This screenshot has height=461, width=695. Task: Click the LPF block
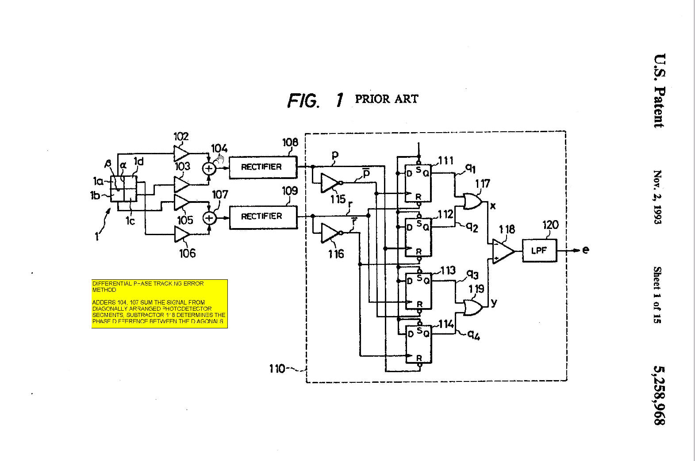(539, 251)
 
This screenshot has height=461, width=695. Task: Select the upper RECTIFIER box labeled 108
(263, 167)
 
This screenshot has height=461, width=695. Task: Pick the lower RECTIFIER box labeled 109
(263, 216)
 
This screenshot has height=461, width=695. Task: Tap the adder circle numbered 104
(209, 168)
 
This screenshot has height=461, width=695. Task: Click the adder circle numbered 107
(209, 218)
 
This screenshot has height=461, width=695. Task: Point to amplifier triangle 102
(180, 153)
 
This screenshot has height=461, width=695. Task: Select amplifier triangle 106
(180, 235)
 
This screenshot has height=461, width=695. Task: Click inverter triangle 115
(329, 183)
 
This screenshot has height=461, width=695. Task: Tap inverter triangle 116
(329, 232)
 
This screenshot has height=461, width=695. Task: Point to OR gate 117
(472, 202)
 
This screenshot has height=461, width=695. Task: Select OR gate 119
(472, 307)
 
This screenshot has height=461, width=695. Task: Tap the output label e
(586, 250)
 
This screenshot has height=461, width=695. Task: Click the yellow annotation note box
(159, 303)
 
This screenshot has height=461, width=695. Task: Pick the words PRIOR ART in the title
(386, 99)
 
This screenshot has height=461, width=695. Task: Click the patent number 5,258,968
(659, 395)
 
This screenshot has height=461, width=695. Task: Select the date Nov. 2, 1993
(658, 197)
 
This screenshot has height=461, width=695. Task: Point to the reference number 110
(277, 368)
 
